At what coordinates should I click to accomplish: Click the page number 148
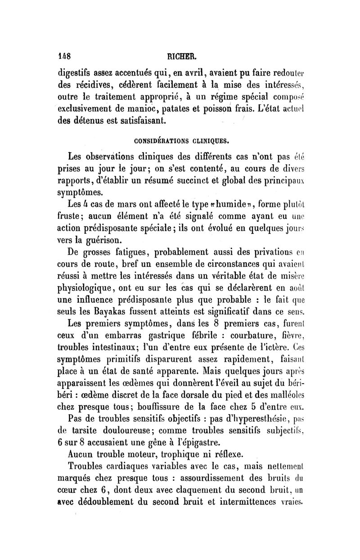tap(65, 57)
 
